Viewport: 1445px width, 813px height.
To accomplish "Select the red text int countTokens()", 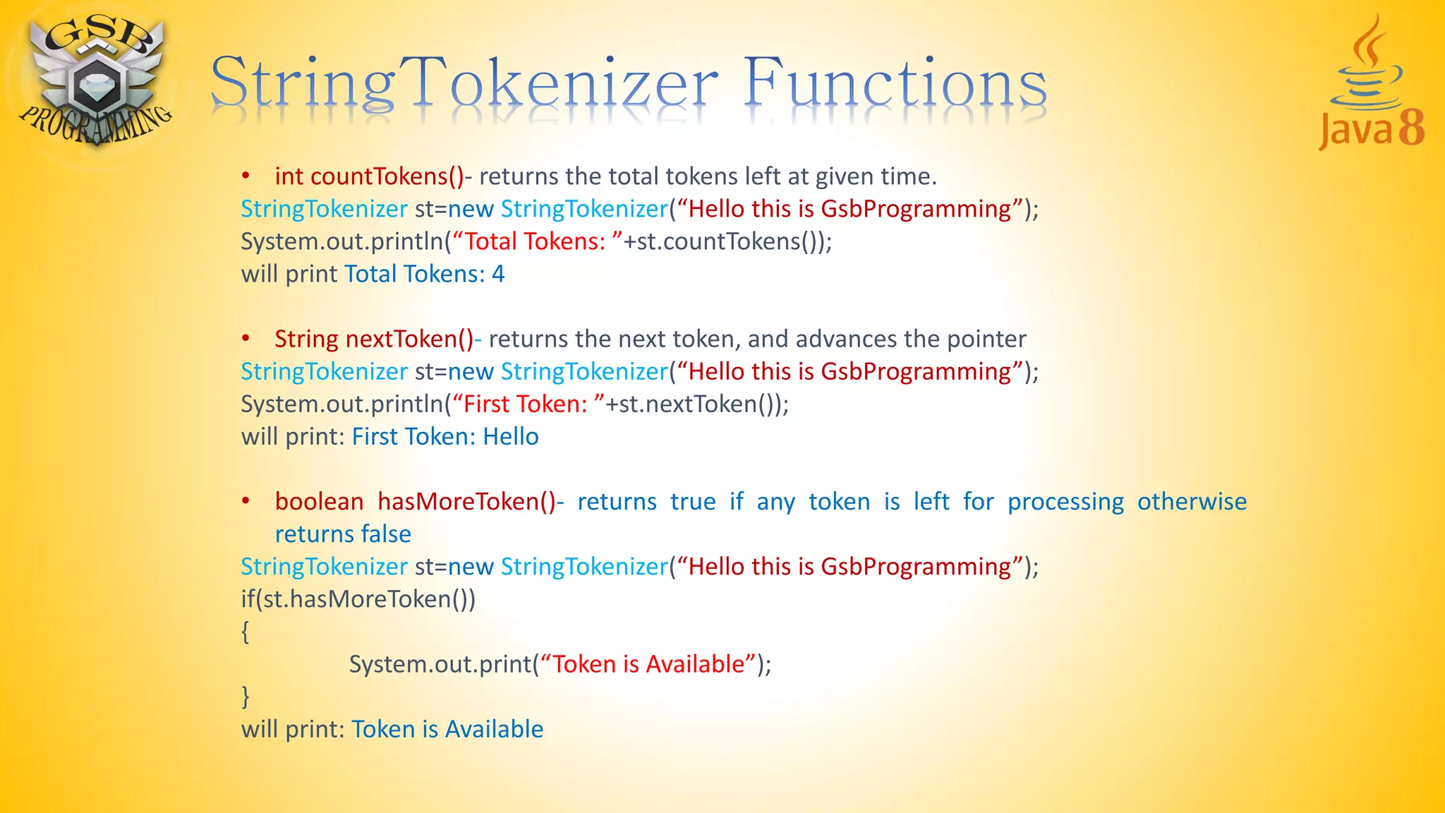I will (369, 176).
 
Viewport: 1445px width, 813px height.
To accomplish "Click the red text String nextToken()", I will (373, 339).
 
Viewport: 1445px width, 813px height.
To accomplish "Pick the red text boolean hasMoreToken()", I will (415, 502).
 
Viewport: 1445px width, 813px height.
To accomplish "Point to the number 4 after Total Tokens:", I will (498, 275).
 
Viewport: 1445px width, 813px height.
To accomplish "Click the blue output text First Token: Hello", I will (445, 437).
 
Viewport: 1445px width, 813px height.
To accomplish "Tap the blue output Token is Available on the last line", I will (447, 730).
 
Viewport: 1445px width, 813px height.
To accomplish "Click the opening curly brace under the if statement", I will (246, 632).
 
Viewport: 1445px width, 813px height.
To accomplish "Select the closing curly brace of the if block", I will (246, 697).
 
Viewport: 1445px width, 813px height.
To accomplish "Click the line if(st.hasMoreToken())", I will (358, 600).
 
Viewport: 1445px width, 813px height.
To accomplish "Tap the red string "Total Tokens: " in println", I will (537, 242).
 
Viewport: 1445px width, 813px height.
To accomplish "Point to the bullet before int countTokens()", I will (246, 176).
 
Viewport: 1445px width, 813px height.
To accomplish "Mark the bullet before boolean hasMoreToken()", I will (246, 502).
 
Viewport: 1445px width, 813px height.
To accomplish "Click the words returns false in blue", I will (343, 534).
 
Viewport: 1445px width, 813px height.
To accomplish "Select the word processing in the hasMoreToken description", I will (1065, 502).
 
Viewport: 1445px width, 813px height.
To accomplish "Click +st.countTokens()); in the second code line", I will (727, 242).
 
